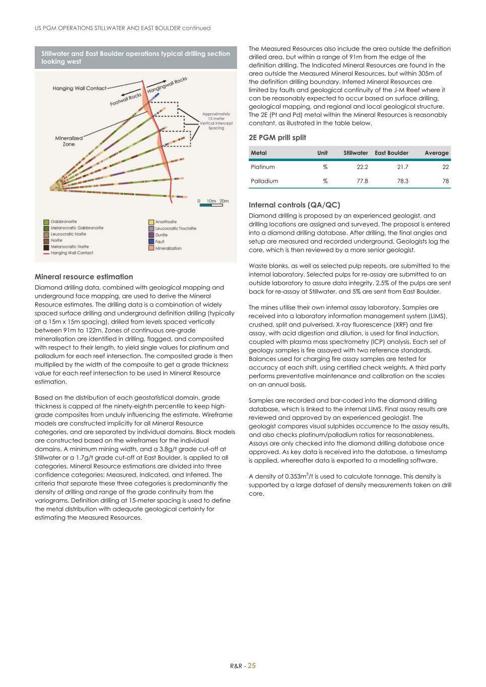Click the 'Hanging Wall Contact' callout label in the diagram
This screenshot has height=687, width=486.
[80, 89]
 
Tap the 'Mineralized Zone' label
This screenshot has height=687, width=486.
[69, 141]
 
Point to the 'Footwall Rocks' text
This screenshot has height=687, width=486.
[126, 100]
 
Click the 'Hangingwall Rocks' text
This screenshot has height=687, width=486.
[167, 84]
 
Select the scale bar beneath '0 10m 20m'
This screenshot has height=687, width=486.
[211, 205]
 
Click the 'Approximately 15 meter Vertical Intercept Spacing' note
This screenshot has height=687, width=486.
[216, 121]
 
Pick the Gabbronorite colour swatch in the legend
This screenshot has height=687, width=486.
[46, 222]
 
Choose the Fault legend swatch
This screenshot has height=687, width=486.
[151, 242]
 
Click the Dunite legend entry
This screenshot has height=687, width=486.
[161, 235]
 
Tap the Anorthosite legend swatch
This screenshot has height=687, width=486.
[151, 222]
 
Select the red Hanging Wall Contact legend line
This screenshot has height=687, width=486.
[46, 253]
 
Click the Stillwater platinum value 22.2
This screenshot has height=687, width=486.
[362, 167]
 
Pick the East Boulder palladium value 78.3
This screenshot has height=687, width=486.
[402, 181]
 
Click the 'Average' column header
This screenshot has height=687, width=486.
[436, 153]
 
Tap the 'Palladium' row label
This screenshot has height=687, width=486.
[264, 181]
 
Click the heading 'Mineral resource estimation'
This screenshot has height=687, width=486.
[84, 277]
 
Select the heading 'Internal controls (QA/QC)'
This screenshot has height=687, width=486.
[294, 205]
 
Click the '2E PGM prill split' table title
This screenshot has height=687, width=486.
[277, 137]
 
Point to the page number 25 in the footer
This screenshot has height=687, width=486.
[251, 665]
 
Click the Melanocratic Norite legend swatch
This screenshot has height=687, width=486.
[46, 247]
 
